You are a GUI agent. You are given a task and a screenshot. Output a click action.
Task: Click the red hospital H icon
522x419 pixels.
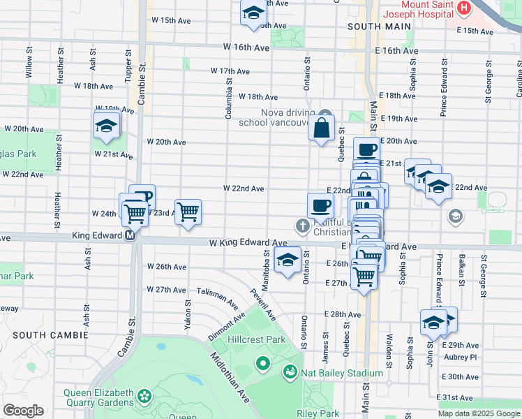(x=481, y=7)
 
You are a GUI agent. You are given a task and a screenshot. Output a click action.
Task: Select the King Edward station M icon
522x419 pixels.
(x=130, y=237)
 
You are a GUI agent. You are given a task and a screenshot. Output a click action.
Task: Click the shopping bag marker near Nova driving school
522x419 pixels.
(x=321, y=128)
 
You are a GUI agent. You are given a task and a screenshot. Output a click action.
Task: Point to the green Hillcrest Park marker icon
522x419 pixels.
(x=263, y=362)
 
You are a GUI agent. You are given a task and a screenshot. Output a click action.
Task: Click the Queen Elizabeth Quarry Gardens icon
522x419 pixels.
(x=144, y=397)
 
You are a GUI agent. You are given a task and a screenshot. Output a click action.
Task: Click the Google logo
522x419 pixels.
(x=23, y=411)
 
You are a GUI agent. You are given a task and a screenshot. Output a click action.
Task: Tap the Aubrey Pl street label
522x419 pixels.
(x=460, y=357)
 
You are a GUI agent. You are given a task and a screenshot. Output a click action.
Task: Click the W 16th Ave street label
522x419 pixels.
(x=246, y=47)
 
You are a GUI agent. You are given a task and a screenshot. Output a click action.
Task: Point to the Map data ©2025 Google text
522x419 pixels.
(x=478, y=413)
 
